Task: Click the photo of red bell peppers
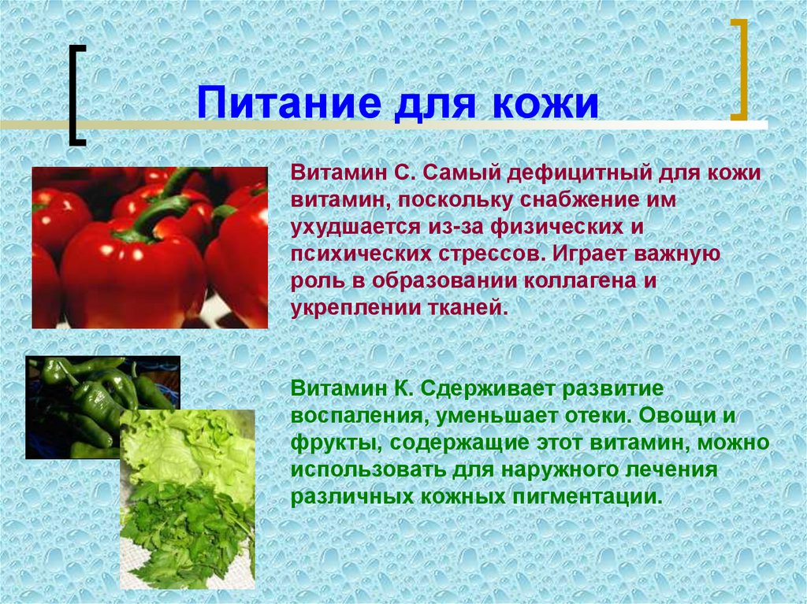pos(150,247)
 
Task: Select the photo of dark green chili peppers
pos(79,394)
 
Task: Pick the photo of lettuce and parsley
pos(188,504)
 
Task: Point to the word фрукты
pos(331,443)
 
